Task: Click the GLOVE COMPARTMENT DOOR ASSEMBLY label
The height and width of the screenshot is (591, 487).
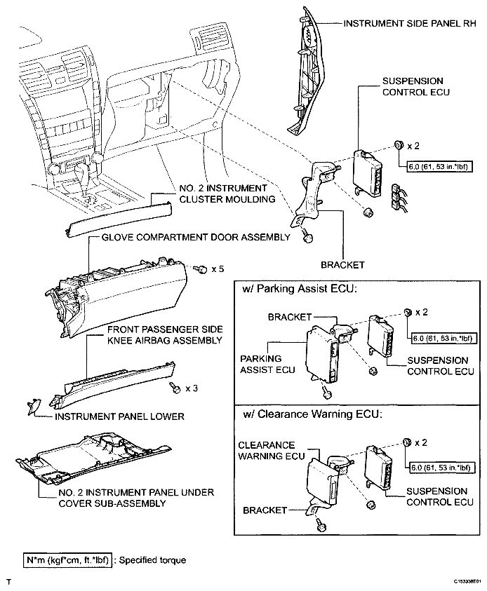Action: [x=196, y=238]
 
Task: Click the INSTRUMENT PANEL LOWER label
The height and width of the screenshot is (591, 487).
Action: [x=119, y=416]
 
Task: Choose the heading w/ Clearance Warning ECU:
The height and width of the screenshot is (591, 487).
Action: [x=313, y=414]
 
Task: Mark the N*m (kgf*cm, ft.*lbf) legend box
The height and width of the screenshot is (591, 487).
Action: [x=59, y=560]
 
